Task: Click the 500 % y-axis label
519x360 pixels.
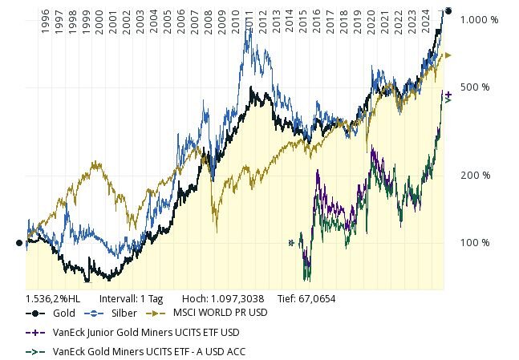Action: [x=475, y=87]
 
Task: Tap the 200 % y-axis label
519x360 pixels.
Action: [x=475, y=175]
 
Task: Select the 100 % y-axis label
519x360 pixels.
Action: [x=475, y=242]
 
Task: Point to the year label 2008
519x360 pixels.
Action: [x=208, y=20]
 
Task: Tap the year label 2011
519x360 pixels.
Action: [x=249, y=20]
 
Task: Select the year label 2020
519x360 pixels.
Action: [x=371, y=20]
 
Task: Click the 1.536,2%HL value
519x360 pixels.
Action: [x=53, y=298]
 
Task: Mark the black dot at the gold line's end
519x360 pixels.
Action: [x=448, y=10]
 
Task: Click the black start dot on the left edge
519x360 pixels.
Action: [x=19, y=242]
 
